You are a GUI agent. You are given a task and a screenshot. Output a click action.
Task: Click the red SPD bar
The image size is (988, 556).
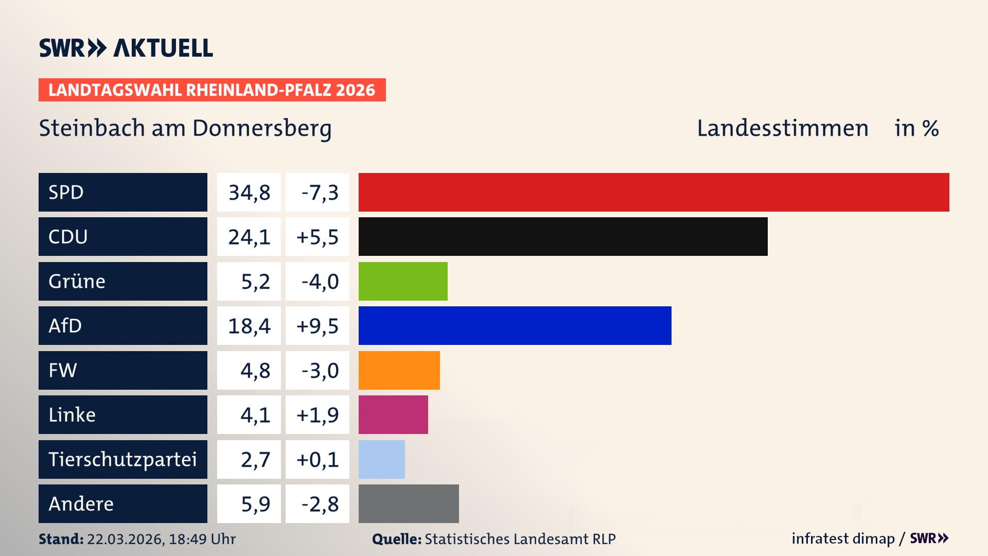point(654,192)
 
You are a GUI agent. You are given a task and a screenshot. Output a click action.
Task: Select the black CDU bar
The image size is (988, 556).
point(563,237)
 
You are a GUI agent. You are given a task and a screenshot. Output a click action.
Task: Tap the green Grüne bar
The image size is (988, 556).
point(403,281)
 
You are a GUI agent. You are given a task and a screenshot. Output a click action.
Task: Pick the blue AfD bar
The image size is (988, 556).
point(515,325)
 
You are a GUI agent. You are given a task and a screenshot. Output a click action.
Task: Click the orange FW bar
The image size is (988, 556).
point(399,370)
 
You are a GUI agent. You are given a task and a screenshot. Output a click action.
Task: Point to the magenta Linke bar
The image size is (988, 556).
point(393,414)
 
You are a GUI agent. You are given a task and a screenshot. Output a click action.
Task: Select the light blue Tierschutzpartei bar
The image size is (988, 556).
point(381,459)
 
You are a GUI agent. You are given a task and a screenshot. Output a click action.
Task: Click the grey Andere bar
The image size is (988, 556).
point(409,503)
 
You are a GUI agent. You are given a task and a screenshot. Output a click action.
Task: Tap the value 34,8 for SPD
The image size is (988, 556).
point(249,193)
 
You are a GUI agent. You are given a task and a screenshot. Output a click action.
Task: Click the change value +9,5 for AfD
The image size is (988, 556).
point(317,326)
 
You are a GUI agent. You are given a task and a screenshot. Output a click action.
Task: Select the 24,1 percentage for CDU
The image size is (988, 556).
point(249,237)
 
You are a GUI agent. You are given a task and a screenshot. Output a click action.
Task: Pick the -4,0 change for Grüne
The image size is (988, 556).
point(320,282)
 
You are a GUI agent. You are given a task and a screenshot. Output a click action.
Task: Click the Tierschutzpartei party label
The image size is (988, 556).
point(122,459)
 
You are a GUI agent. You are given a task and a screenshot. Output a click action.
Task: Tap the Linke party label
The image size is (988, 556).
point(72,415)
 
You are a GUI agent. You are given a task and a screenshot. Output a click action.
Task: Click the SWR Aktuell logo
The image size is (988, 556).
point(126,48)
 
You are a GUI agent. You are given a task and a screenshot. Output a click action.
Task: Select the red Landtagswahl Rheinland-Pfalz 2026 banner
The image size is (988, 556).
point(212,90)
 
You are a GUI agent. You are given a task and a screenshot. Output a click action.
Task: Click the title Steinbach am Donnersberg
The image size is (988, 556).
point(185,128)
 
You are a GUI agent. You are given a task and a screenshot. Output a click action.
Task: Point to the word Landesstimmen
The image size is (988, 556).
point(782,128)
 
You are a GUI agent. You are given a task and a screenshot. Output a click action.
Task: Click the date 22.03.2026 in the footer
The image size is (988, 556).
point(125,539)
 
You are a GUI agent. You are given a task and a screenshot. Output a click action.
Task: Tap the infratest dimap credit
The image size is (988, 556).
point(843,538)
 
